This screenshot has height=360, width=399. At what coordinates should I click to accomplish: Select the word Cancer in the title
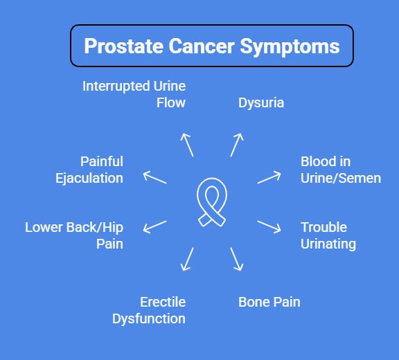coord(203,46)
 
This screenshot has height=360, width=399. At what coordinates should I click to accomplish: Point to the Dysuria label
coord(261,103)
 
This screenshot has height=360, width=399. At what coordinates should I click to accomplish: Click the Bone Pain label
coord(269,302)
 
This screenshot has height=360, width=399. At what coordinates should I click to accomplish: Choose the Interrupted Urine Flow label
coord(134,94)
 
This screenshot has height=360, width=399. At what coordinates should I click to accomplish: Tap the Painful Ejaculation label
coord(89,170)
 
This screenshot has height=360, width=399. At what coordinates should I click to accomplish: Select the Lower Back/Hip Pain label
coord(74,235)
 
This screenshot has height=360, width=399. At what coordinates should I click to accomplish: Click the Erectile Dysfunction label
coord(149,310)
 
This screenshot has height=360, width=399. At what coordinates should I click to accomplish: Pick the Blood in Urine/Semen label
coord(340,170)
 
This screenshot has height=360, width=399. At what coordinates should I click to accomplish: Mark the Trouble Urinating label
coord(328,235)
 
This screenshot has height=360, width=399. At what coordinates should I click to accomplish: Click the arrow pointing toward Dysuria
coord(237,145)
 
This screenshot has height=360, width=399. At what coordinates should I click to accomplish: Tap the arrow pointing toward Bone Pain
coord(237,258)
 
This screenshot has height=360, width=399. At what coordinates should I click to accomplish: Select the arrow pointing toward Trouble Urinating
coord(269,227)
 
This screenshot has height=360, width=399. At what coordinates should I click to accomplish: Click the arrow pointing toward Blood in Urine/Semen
coord(269,177)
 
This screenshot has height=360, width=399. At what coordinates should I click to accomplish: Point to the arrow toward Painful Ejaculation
coord(154,177)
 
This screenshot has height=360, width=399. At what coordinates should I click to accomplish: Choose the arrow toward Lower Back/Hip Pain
coord(154,227)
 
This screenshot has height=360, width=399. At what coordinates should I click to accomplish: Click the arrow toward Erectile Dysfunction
coord(186,258)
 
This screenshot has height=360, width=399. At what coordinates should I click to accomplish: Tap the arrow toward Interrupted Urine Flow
coord(186,145)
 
